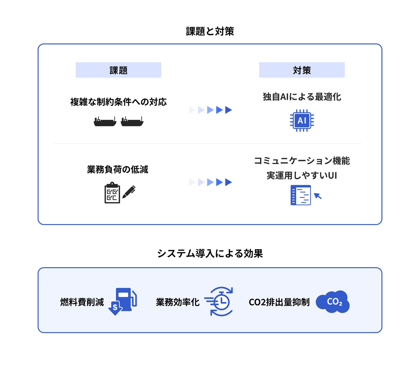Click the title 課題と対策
210,31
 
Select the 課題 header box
118,70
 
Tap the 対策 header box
302,70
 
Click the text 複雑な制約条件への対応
118,102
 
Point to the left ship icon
105,122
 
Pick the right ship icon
132,122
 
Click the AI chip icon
302,120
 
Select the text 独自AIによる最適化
302,97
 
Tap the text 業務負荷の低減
118,169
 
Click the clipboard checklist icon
112,193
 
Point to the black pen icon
129,192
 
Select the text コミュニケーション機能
302,161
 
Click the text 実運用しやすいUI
302,175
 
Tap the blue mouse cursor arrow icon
318,196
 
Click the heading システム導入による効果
210,253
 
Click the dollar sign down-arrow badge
115,308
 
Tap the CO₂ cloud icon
333,302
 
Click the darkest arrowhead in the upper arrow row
228,110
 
